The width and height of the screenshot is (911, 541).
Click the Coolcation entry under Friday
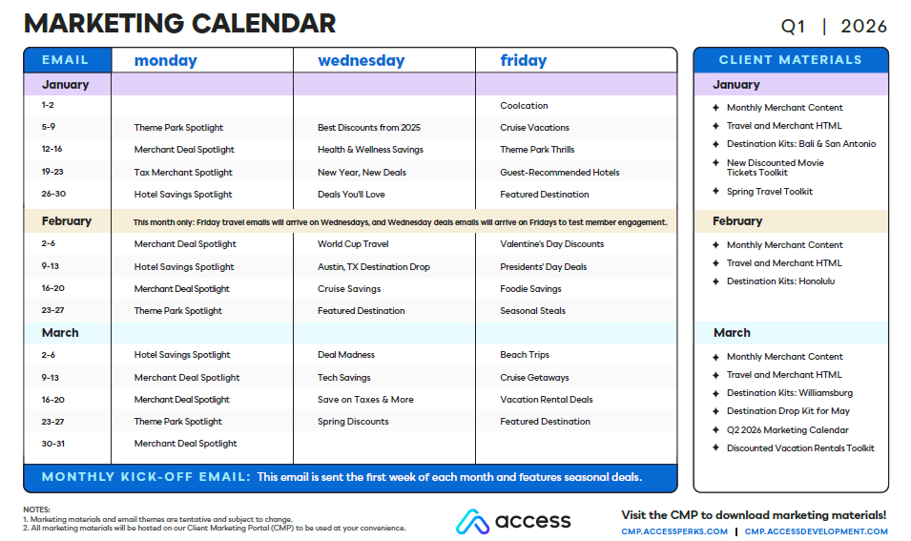click(524, 106)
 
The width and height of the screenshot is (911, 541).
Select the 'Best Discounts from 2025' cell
click(369, 128)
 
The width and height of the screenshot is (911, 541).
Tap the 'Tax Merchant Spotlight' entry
click(183, 173)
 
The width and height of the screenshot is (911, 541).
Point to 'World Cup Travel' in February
click(353, 244)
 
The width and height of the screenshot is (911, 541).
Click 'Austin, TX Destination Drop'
click(374, 267)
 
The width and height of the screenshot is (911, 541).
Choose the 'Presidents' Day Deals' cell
click(543, 267)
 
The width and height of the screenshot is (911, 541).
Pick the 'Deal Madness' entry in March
click(345, 355)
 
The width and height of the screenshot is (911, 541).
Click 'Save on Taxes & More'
click(365, 400)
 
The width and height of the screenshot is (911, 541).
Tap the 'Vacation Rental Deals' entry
click(547, 400)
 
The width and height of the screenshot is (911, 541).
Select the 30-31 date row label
click(52, 444)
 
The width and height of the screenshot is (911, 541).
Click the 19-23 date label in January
click(52, 172)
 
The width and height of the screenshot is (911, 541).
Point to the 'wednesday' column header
click(361, 60)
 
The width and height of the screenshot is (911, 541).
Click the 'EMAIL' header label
click(65, 60)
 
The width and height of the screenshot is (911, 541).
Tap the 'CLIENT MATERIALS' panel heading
click(790, 60)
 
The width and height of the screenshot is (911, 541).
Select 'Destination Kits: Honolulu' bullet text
click(780, 281)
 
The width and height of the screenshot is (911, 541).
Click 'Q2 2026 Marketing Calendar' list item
click(787, 430)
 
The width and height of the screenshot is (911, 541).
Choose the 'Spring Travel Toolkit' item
click(769, 192)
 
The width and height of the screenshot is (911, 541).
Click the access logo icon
click(472, 521)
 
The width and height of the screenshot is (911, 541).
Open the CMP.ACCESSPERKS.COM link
click(674, 531)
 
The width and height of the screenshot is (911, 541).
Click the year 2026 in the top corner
click(863, 26)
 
